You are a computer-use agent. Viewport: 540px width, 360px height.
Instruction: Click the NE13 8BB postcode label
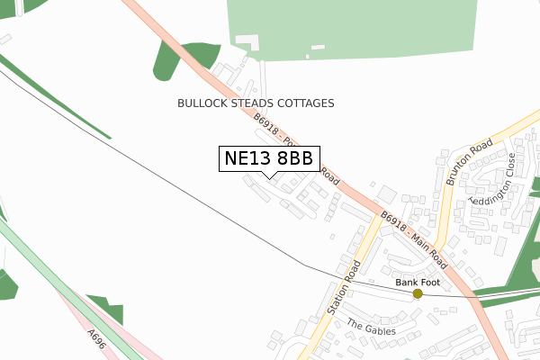pyautogui.click(x=268, y=158)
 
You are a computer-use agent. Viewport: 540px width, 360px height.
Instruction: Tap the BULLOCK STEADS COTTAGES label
pyautogui.click(x=256, y=103)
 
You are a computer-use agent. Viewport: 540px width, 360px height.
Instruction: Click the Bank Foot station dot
pyautogui.click(x=418, y=293)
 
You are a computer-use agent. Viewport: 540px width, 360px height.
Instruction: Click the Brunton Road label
pyautogui.click(x=469, y=163)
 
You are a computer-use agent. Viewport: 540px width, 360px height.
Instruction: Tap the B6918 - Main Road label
pyautogui.click(x=413, y=240)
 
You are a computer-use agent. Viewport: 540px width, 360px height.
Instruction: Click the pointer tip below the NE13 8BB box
pyautogui.click(x=269, y=176)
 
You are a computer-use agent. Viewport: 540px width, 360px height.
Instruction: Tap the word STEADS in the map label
pyautogui.click(x=245, y=103)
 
